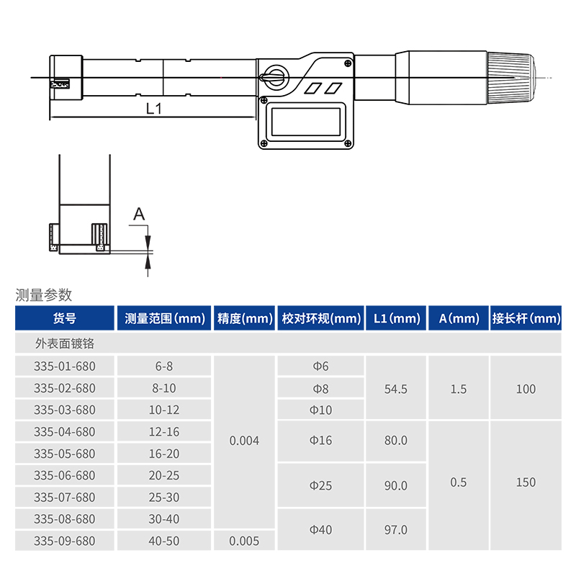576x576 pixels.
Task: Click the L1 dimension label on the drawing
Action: point(154,109)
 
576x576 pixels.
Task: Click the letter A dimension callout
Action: point(139,213)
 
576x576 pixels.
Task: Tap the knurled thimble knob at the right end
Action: point(511,78)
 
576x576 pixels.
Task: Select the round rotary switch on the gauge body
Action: point(276,77)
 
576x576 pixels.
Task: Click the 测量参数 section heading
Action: point(44,294)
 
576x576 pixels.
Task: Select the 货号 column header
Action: point(65,318)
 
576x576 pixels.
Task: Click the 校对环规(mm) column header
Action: point(321,318)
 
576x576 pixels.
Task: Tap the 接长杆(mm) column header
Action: point(526,318)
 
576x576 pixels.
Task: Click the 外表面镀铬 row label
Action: point(65,343)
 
